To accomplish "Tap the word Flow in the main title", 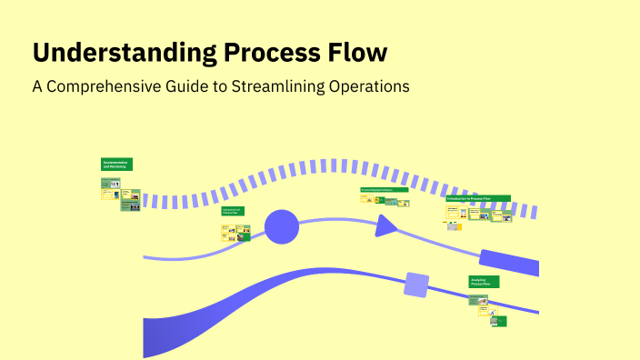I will (x=360, y=53).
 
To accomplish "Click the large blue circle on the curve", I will (x=281, y=226).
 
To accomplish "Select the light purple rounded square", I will (x=416, y=285).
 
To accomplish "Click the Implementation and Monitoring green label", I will (x=116, y=165).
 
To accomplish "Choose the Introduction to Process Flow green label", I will (x=477, y=198).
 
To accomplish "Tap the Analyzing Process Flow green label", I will (x=484, y=282).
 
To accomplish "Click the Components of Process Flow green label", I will (x=233, y=211).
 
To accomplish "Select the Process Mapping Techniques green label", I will (x=383, y=190).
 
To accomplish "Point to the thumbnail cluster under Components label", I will (x=235, y=232).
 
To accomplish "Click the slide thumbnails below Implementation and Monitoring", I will (x=120, y=195).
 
